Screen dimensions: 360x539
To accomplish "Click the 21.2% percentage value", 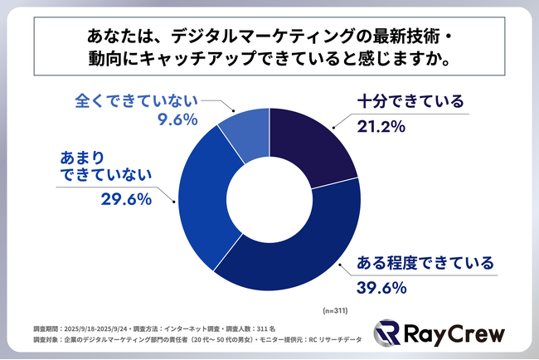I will [383, 128].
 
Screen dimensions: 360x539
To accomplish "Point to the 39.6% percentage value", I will [383, 288].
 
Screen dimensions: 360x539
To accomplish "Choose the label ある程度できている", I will [425, 263].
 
